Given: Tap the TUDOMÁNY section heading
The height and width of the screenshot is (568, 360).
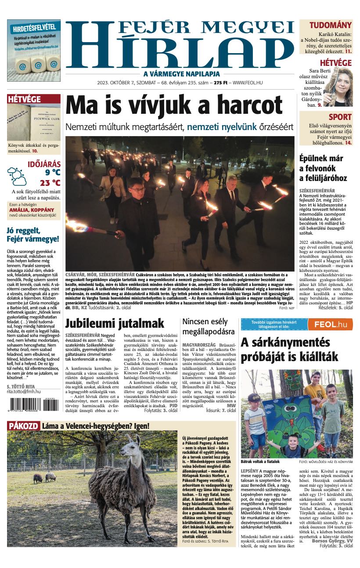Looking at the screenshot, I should tap(330, 25).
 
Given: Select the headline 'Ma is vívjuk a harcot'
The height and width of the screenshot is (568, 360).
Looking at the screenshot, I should tap(174, 106).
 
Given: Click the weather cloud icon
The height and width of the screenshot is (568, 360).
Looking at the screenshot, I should tap(17, 176).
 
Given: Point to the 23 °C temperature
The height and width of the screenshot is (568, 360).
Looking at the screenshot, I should tap(50, 183).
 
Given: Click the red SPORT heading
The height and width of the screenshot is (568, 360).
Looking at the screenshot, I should tap(340, 117).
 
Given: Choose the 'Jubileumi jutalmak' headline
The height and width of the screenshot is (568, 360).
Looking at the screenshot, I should tap(115, 324).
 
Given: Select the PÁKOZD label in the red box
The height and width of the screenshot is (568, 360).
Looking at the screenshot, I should tap(24, 426).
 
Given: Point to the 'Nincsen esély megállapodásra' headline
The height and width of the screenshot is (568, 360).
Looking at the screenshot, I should tap(209, 326).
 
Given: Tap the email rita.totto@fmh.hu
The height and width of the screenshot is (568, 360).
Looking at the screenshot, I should tap(24, 391).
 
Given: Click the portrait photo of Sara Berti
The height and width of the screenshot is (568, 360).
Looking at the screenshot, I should tap(338, 87).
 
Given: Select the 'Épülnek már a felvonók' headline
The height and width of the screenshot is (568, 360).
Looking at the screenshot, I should tap(327, 168).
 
